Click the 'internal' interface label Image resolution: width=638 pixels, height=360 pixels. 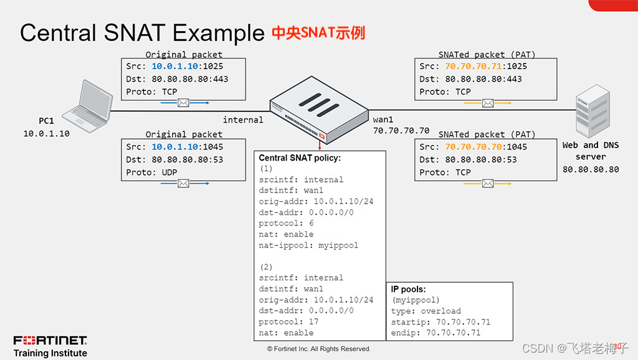[243, 120]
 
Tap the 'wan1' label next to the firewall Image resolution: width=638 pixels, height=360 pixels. [384, 120]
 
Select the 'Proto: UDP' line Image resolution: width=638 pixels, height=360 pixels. [151, 172]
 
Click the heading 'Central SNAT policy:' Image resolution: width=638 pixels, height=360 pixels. [300, 158]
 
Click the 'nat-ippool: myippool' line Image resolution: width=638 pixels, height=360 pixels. [308, 245]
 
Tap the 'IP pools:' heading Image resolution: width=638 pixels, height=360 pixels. [408, 290]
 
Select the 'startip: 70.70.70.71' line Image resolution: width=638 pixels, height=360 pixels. [440, 322]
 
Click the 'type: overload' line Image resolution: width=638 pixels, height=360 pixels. [426, 311]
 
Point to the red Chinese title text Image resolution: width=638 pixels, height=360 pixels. [318, 32]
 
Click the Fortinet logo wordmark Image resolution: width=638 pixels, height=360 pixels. [50, 340]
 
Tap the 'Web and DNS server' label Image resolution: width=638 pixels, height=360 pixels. [590, 151]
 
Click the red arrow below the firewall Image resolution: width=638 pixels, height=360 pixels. [320, 144]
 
